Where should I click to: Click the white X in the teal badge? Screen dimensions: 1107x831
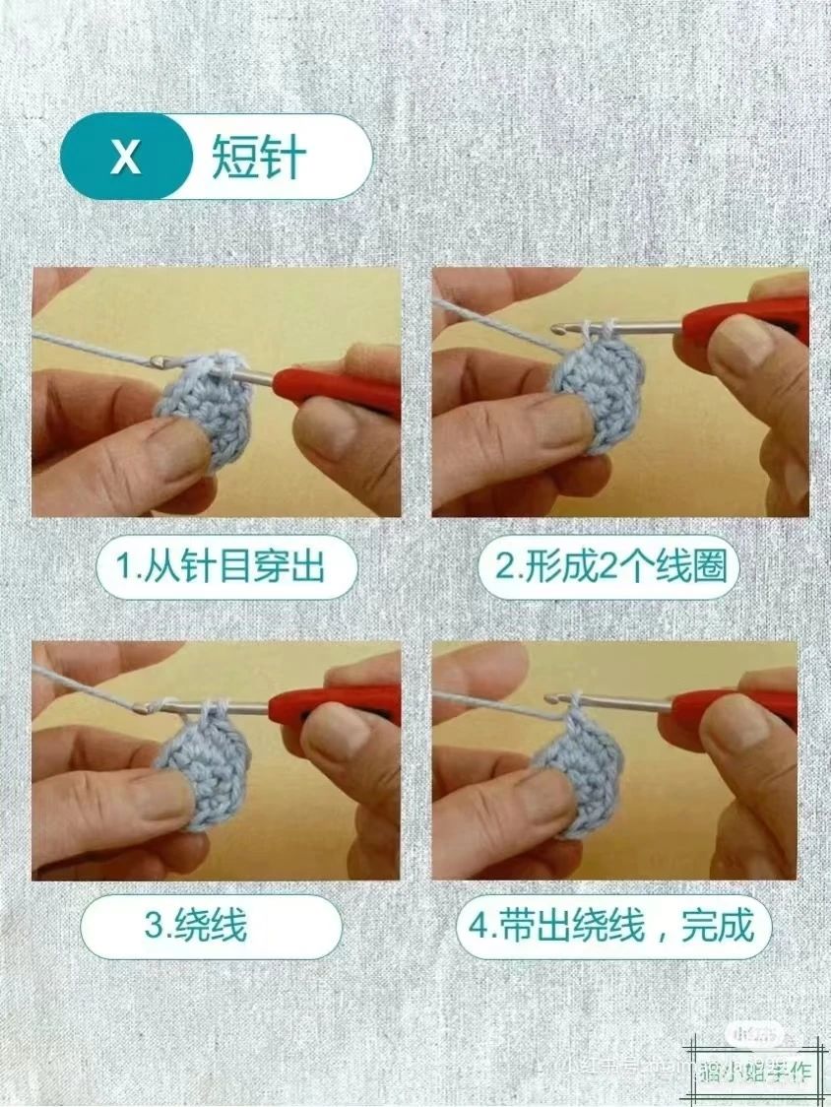click(x=125, y=158)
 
